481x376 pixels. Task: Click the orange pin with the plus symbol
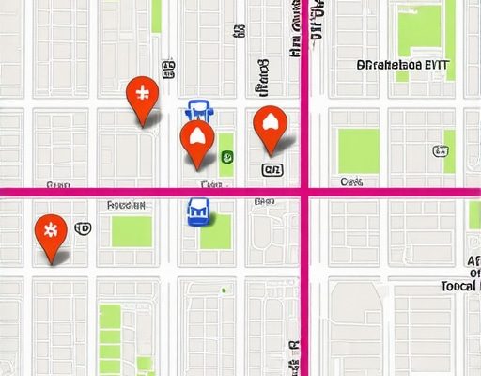point(142,95)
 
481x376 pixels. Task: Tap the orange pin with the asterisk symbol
point(49,231)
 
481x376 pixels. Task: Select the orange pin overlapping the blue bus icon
point(196,138)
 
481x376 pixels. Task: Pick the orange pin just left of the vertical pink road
point(270,123)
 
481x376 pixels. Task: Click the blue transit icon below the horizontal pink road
point(198,213)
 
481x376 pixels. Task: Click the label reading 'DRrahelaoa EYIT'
point(405,66)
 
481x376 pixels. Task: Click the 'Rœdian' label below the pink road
point(126,204)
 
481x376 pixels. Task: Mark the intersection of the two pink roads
point(304,192)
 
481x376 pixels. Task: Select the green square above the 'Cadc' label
point(358,150)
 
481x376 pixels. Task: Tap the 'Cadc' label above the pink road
point(352,180)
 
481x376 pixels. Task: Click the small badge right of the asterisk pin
point(82,228)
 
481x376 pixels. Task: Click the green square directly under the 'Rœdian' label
point(132,231)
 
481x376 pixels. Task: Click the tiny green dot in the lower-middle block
point(223,290)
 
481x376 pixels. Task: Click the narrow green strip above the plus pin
point(156,16)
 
